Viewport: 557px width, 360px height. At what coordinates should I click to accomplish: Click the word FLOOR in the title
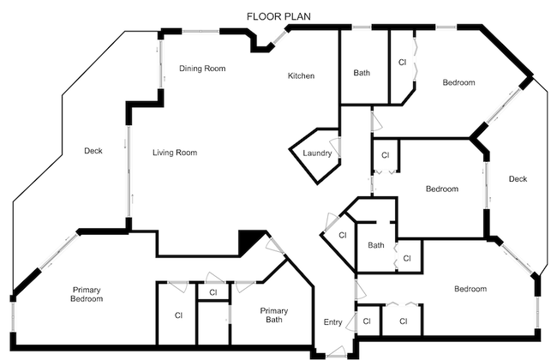pyautogui.click(x=262, y=15)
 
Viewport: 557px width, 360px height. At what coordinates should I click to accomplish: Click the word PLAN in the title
pyautogui.click(x=296, y=15)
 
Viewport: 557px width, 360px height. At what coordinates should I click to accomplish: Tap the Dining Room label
pyautogui.click(x=202, y=69)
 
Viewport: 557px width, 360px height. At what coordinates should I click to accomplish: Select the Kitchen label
pyautogui.click(x=301, y=76)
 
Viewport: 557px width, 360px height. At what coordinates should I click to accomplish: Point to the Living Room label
pyautogui.click(x=175, y=153)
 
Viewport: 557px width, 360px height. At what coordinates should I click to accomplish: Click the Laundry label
pyautogui.click(x=316, y=153)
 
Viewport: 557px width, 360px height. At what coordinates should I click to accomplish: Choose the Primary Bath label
pyautogui.click(x=275, y=315)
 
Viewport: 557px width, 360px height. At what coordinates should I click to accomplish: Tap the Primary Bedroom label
pyautogui.click(x=87, y=294)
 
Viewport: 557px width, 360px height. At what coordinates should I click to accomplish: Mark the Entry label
pyautogui.click(x=332, y=322)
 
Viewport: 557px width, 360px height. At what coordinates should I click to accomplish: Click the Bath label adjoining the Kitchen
pyautogui.click(x=362, y=73)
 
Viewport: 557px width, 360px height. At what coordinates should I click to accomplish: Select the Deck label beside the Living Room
pyautogui.click(x=93, y=152)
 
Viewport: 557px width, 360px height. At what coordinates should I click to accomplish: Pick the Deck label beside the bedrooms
pyautogui.click(x=518, y=179)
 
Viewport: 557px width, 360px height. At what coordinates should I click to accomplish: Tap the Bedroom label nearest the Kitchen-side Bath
pyautogui.click(x=458, y=83)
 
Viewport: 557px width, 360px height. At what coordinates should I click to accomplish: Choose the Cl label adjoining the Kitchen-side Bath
pyautogui.click(x=402, y=62)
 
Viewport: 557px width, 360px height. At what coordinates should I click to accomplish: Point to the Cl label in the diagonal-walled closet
pyautogui.click(x=342, y=235)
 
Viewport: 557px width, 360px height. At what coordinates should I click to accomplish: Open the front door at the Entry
pyautogui.click(x=336, y=351)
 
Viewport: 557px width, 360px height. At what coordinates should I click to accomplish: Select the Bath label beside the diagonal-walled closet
pyautogui.click(x=376, y=246)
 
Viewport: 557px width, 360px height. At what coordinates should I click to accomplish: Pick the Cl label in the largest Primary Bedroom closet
pyautogui.click(x=178, y=315)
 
